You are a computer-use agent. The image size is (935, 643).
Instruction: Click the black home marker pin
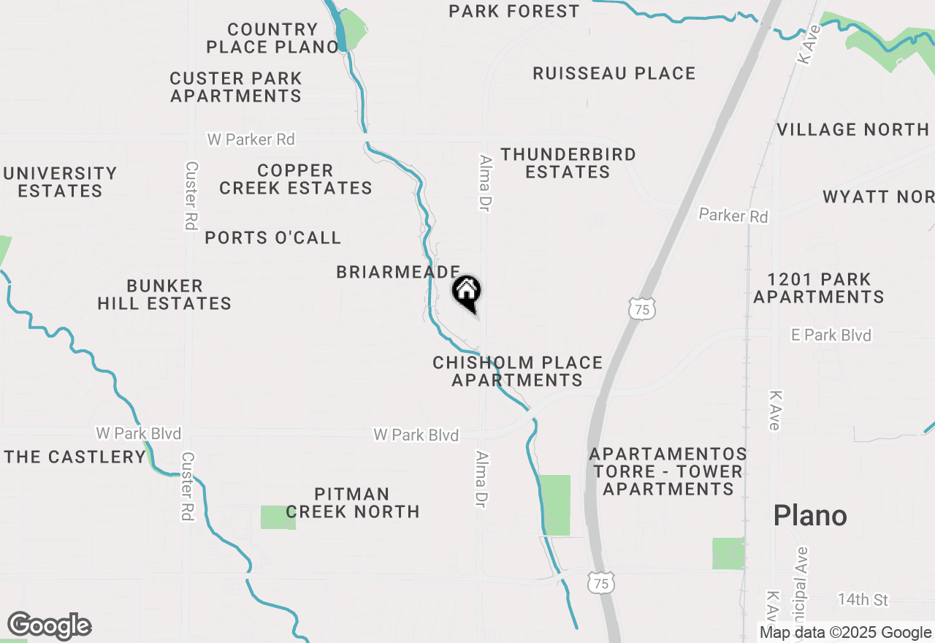click(467, 292)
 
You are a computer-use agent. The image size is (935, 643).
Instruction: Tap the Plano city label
click(810, 516)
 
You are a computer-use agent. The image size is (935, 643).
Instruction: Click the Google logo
click(50, 626)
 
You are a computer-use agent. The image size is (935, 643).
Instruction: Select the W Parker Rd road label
click(251, 139)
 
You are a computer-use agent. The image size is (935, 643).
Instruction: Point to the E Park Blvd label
click(831, 335)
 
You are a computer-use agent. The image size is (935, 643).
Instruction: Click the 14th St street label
click(863, 600)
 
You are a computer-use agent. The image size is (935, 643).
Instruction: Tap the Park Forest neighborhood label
click(514, 11)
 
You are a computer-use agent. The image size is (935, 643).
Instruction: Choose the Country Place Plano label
click(272, 39)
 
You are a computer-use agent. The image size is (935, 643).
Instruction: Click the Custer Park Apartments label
click(236, 87)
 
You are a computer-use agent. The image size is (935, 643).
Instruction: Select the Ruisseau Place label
click(614, 74)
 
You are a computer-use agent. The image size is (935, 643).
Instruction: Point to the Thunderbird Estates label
click(568, 163)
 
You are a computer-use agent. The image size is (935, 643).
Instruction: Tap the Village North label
click(852, 130)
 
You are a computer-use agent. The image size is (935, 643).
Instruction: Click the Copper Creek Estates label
click(296, 179)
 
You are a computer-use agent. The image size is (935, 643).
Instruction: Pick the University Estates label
click(60, 182)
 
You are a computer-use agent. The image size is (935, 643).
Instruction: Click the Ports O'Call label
click(272, 238)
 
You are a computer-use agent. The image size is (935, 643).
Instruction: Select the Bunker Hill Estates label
click(164, 294)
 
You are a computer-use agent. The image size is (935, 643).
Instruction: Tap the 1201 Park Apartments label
click(819, 288)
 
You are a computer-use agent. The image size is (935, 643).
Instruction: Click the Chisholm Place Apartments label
click(517, 371)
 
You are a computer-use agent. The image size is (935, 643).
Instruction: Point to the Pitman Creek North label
click(352, 503)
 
